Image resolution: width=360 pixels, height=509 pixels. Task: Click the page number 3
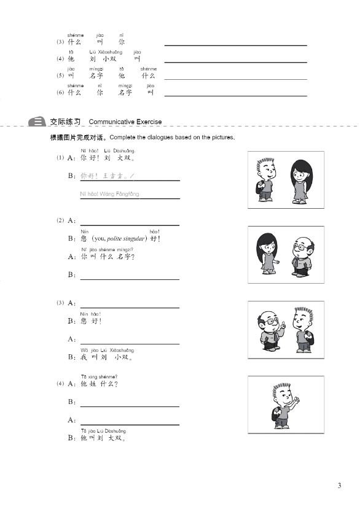click(x=339, y=486)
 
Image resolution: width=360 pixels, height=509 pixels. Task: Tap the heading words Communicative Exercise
click(x=125, y=122)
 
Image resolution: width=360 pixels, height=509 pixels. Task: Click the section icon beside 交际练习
click(x=38, y=122)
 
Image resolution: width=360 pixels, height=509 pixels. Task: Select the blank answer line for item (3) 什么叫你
click(x=235, y=44)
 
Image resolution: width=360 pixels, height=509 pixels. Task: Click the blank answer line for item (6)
click(x=235, y=95)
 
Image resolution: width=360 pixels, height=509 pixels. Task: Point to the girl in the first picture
click(x=300, y=181)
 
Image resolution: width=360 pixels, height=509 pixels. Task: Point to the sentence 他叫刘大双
click(x=103, y=438)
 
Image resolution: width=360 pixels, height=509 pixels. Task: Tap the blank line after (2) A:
click(x=130, y=225)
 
